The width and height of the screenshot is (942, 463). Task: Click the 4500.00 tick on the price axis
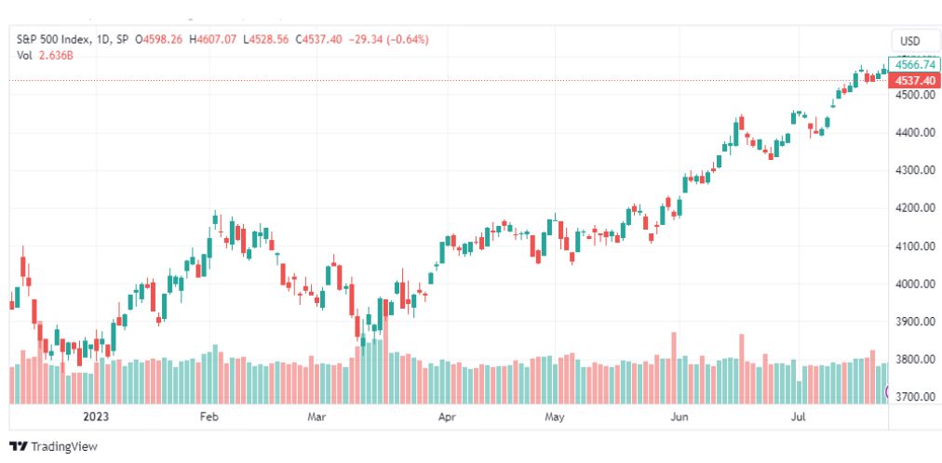(x=915, y=95)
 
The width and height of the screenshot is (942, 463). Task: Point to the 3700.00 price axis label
(x=915, y=397)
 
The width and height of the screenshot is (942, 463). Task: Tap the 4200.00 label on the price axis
(x=915, y=208)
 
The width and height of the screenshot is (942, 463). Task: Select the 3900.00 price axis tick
(x=915, y=322)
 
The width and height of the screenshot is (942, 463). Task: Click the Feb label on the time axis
(x=209, y=417)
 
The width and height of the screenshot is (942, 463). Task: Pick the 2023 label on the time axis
(x=96, y=417)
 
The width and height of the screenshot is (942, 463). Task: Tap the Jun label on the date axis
(x=679, y=417)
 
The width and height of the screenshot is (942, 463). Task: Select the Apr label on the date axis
(x=446, y=417)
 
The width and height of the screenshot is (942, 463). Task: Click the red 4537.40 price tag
(x=915, y=80)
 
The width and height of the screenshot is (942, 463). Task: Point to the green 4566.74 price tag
(x=915, y=65)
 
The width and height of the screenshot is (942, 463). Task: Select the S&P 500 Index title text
(x=53, y=40)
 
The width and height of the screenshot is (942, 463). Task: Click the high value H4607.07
(x=212, y=40)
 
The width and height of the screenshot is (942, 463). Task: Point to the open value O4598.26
(x=158, y=40)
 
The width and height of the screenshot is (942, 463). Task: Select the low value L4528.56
(x=265, y=40)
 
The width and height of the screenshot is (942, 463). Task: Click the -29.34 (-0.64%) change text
(x=389, y=40)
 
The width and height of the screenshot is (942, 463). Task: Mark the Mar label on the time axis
(x=316, y=417)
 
